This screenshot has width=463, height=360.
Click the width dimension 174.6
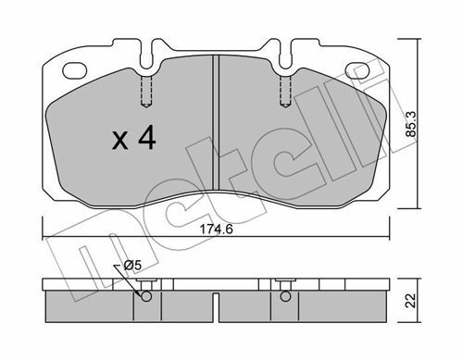(216, 230)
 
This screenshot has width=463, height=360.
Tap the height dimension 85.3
(411, 124)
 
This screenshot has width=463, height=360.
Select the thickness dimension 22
(411, 301)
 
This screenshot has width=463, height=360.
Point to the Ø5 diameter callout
(132, 266)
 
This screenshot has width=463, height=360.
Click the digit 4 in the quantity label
(147, 139)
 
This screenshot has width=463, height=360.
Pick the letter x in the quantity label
(120, 141)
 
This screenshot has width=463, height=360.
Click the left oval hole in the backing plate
(74, 70)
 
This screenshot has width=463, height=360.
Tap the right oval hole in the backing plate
(357, 70)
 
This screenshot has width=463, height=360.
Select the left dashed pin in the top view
(146, 92)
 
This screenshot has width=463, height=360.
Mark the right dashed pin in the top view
(285, 92)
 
